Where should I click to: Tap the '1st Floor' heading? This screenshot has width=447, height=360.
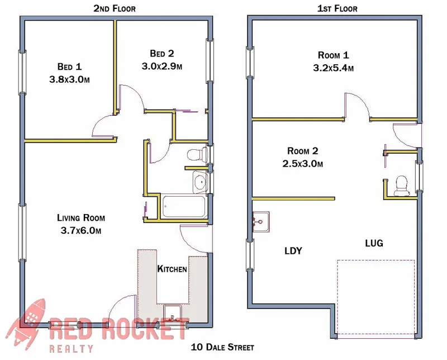point(337,8)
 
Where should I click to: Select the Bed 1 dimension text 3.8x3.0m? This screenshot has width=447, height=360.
point(70,79)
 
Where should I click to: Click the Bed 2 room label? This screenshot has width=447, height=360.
point(162,54)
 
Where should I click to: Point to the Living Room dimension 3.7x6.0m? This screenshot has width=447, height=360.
point(80,230)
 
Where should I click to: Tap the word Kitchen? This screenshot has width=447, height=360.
point(172,269)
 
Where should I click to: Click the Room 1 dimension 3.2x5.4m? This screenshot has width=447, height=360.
point(334,68)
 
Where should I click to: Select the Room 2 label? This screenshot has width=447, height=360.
point(302,151)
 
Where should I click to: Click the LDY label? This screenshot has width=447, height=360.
point(293,251)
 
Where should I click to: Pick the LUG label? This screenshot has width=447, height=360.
point(374,243)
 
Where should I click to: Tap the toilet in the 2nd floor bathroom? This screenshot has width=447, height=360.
point(196,154)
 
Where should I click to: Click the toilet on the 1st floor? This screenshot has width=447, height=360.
point(401,186)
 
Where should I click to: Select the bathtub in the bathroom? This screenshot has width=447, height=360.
point(184,207)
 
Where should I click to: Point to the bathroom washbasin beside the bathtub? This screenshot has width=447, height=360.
point(200,181)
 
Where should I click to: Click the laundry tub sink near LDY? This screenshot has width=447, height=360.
point(261,221)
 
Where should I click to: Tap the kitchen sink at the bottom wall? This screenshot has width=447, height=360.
point(172,313)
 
